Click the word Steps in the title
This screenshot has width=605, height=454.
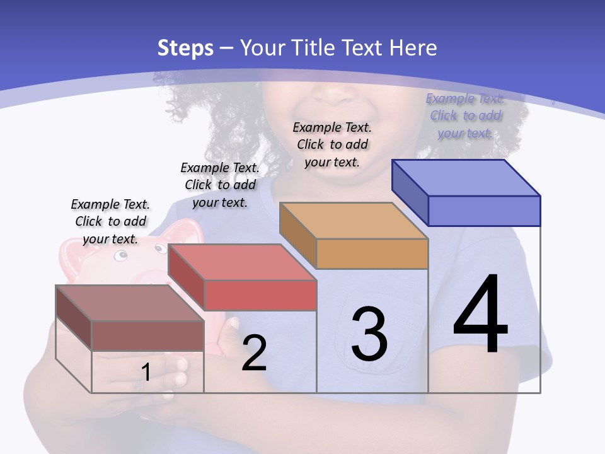point(185,48)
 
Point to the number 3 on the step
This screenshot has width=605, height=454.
point(369,334)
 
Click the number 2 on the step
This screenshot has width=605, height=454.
point(254,353)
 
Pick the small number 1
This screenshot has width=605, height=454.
point(146,373)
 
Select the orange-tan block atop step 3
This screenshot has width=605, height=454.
point(372,253)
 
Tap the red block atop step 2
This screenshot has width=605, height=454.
point(260,295)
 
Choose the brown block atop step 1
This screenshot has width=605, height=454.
point(147,335)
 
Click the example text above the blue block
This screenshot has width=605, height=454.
point(465,115)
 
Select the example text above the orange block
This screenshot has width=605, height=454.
point(332,144)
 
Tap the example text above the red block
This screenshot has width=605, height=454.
point(220,185)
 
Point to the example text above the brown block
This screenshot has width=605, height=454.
point(110,221)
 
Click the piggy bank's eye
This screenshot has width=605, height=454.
point(120,256)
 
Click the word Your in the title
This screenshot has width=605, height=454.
point(263,48)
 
